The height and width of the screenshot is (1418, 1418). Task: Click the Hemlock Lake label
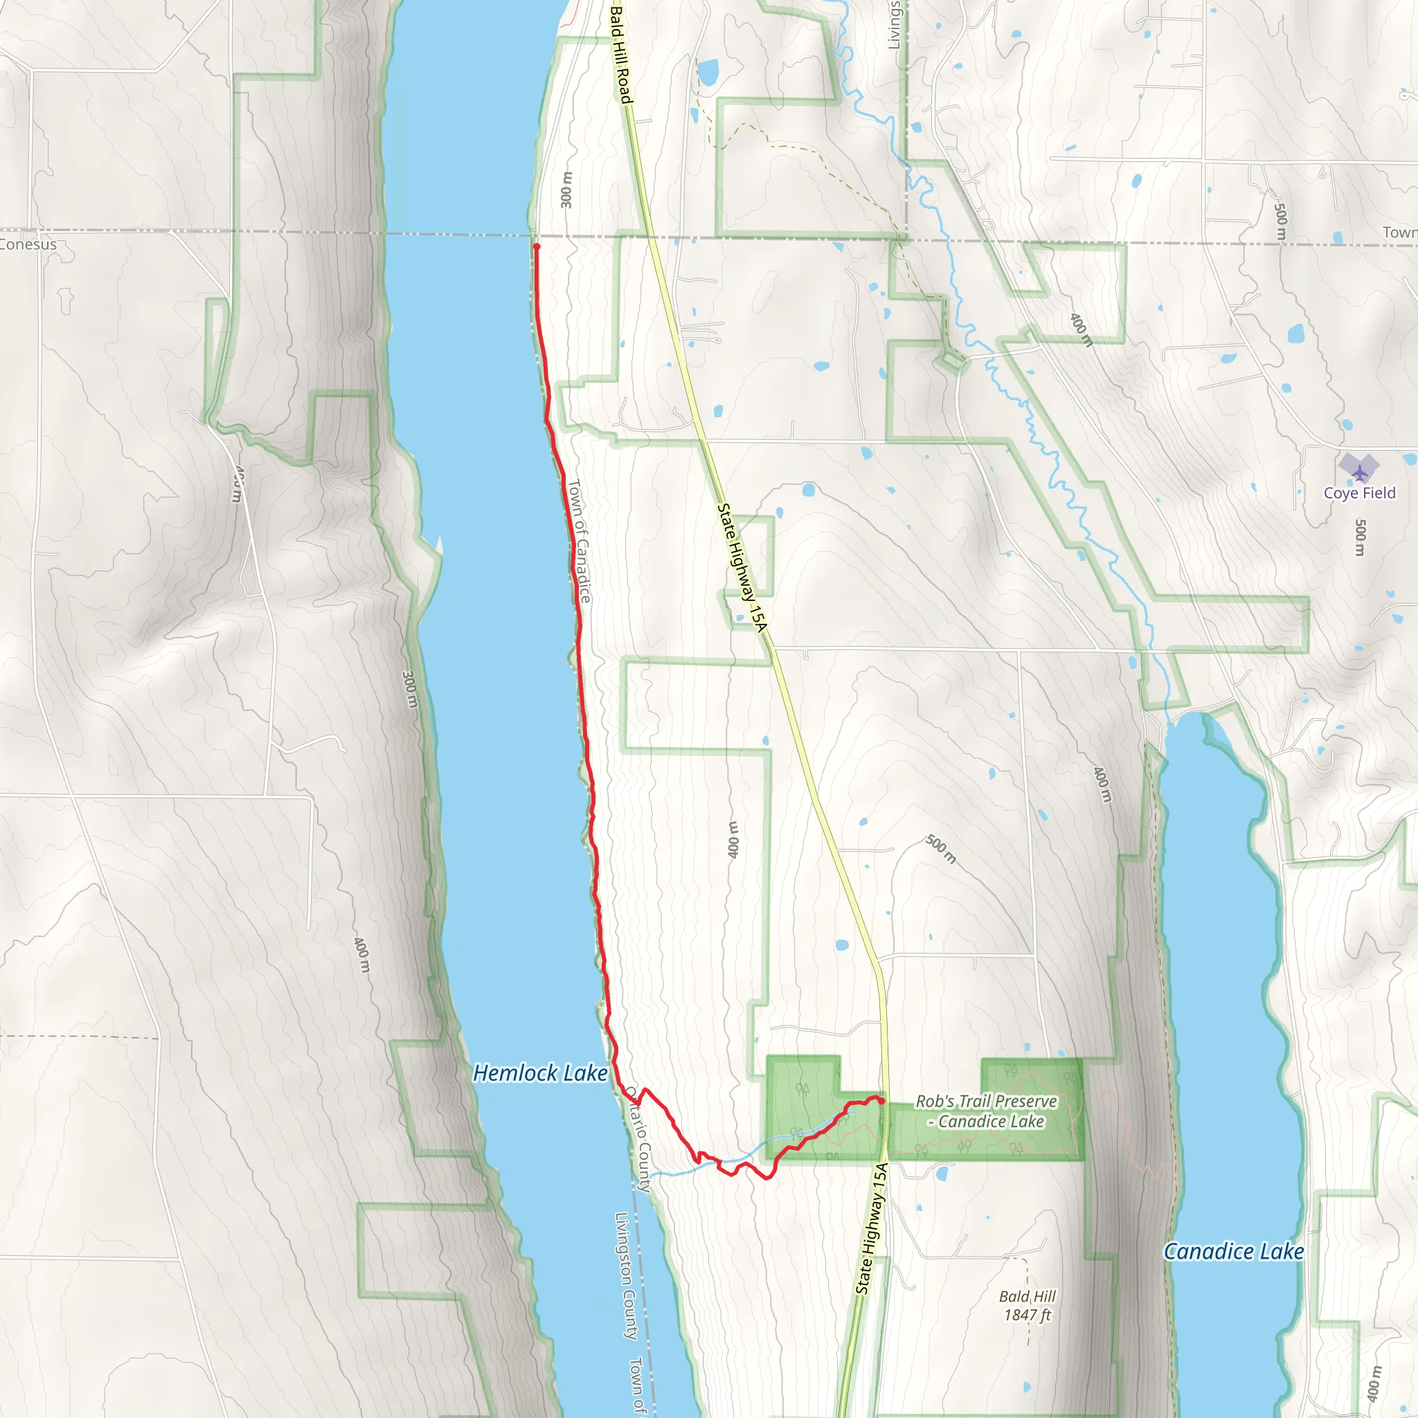540,1073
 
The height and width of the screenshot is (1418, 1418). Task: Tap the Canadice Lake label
1234,1251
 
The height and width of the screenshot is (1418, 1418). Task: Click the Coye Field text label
1359,493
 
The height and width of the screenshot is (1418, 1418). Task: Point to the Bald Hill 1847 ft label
1027,1306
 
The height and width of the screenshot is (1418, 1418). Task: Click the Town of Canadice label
579,541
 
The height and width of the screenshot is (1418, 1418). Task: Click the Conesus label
28,244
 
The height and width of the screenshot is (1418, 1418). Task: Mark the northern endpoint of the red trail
537,246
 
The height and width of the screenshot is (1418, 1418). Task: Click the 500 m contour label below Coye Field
1360,537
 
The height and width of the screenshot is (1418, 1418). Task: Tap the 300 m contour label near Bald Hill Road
566,190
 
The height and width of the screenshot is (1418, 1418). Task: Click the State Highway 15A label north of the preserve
742,567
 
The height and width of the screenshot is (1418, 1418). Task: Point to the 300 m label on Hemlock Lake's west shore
411,688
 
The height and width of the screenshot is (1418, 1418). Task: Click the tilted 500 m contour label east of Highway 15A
940,849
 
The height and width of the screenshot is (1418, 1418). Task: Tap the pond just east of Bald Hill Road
708,72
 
